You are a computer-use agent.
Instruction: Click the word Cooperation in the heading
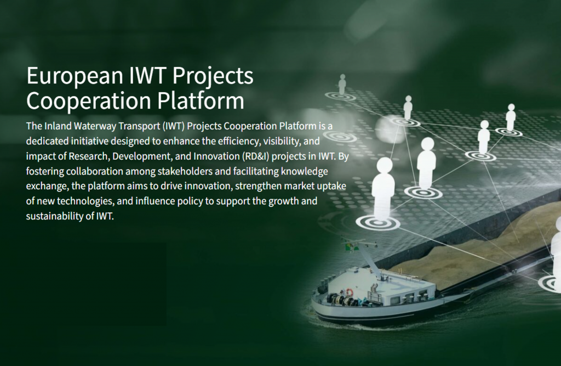click(x=88, y=101)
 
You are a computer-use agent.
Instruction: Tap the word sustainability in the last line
click(x=53, y=216)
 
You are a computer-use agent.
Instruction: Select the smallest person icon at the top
click(x=342, y=83)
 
